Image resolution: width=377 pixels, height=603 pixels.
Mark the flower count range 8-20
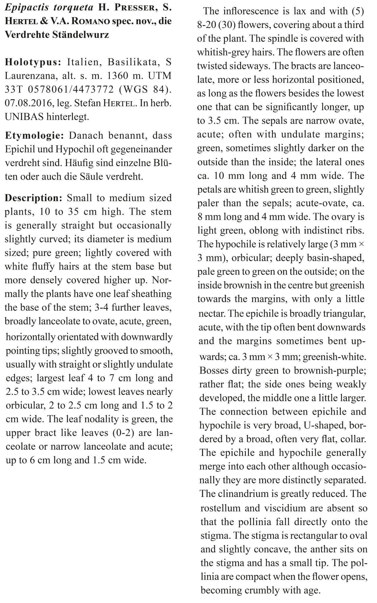(208, 25)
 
